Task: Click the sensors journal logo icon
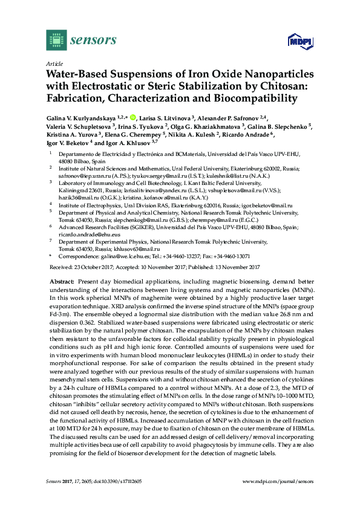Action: tap(56, 41)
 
